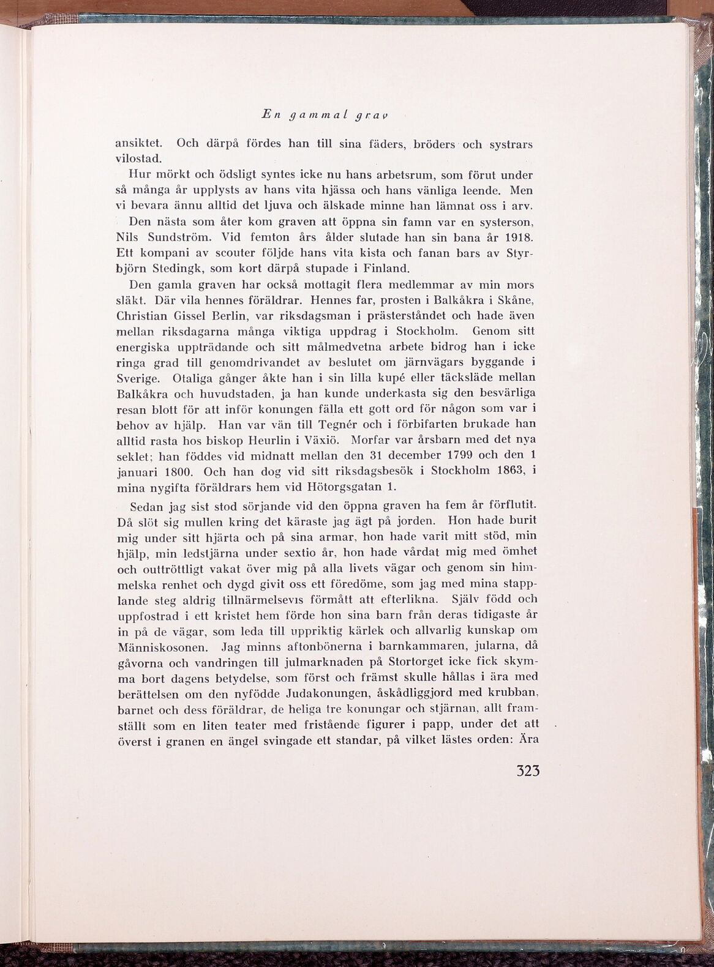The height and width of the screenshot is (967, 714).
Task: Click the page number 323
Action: pyautogui.click(x=528, y=770)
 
